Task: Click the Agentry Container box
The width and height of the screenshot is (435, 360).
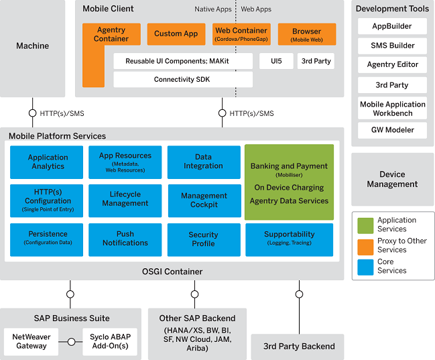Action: tap(111, 35)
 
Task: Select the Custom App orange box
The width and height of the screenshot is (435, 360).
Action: tap(176, 34)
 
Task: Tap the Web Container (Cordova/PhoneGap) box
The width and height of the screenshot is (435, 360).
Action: tap(241, 34)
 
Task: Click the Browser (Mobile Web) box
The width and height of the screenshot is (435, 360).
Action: tap(306, 34)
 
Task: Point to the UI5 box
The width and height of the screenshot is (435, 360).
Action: tap(276, 61)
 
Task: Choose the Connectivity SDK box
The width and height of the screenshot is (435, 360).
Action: tap(183, 80)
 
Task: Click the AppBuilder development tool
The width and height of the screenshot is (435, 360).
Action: tap(392, 27)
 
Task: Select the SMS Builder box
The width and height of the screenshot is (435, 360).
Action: tap(392, 46)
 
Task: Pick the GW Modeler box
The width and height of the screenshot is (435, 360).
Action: tap(392, 130)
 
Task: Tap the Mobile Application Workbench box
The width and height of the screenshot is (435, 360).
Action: tap(392, 109)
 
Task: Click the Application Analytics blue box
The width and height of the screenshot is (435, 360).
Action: tap(48, 162)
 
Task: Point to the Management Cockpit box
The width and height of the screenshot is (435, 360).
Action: tap(204, 200)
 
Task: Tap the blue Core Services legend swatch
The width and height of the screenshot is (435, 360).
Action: tap(365, 266)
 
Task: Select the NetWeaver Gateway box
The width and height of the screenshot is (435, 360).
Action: tap(32, 341)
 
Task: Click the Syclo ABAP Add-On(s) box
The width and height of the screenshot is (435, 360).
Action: tap(109, 341)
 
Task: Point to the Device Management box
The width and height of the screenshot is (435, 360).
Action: tap(392, 179)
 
